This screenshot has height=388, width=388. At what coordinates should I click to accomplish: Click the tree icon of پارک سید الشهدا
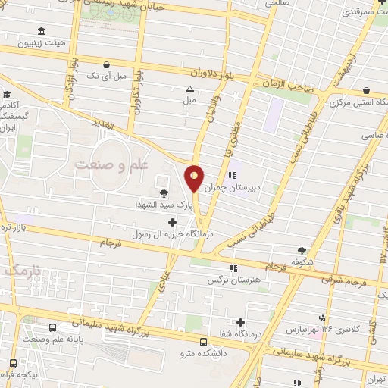164,192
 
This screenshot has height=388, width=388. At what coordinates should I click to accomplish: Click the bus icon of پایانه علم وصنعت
52,328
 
